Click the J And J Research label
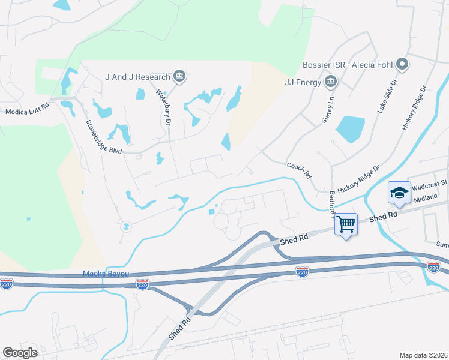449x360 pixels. [137, 76]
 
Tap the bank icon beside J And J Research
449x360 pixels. [179, 76]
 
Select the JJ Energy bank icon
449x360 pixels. [330, 82]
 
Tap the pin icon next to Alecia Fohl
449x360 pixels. [403, 64]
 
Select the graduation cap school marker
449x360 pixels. [399, 193]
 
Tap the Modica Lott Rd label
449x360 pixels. [27, 112]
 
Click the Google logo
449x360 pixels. [20, 353]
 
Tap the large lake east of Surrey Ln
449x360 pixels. [350, 128]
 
